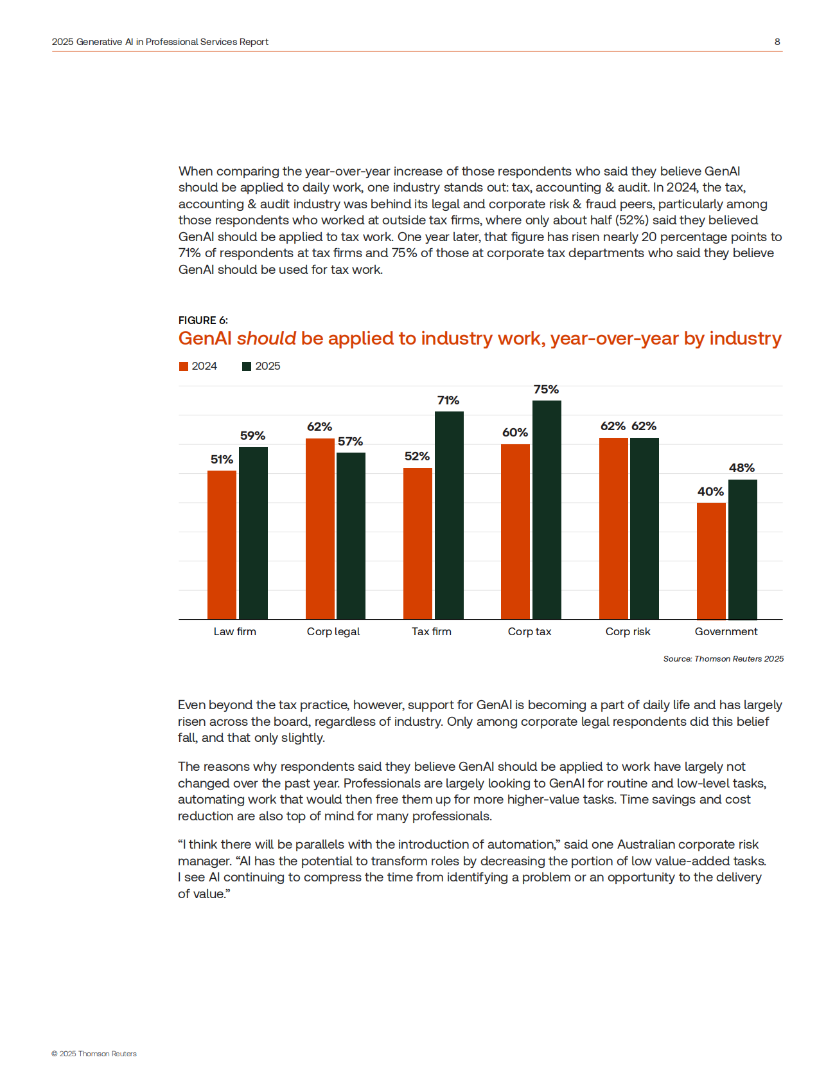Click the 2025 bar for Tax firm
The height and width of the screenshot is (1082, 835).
[x=449, y=515]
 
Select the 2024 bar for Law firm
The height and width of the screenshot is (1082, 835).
[x=222, y=545]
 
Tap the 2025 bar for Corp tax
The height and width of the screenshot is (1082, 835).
[x=547, y=510]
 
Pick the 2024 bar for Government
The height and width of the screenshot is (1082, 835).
[x=711, y=561]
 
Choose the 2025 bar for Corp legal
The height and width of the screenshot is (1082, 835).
[x=351, y=536]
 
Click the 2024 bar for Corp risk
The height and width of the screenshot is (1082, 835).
[x=613, y=528]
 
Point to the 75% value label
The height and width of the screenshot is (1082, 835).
[x=546, y=390]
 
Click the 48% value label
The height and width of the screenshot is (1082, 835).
[x=742, y=468]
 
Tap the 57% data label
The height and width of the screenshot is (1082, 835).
[x=351, y=442]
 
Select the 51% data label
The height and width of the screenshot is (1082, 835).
[x=222, y=460]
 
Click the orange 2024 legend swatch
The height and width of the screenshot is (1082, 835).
[x=184, y=366]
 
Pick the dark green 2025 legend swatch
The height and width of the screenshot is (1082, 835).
[x=247, y=366]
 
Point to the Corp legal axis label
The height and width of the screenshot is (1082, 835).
[x=333, y=631]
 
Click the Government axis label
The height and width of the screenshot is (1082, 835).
[x=726, y=631]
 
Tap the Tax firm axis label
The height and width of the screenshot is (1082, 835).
[x=432, y=631]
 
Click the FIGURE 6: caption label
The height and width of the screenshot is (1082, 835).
[x=203, y=320]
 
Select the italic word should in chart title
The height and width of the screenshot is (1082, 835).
[x=267, y=338]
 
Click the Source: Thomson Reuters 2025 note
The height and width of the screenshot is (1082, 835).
[x=723, y=658]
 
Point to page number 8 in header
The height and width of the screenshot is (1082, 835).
[x=777, y=42]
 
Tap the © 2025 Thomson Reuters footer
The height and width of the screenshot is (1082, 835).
[x=94, y=1054]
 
